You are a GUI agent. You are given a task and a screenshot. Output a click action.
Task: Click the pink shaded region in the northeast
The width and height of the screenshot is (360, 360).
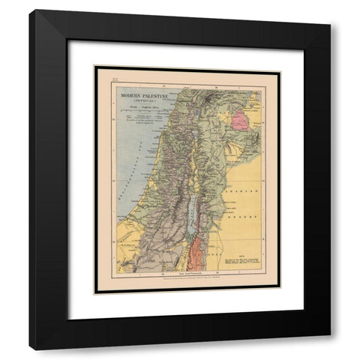(240, 120)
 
